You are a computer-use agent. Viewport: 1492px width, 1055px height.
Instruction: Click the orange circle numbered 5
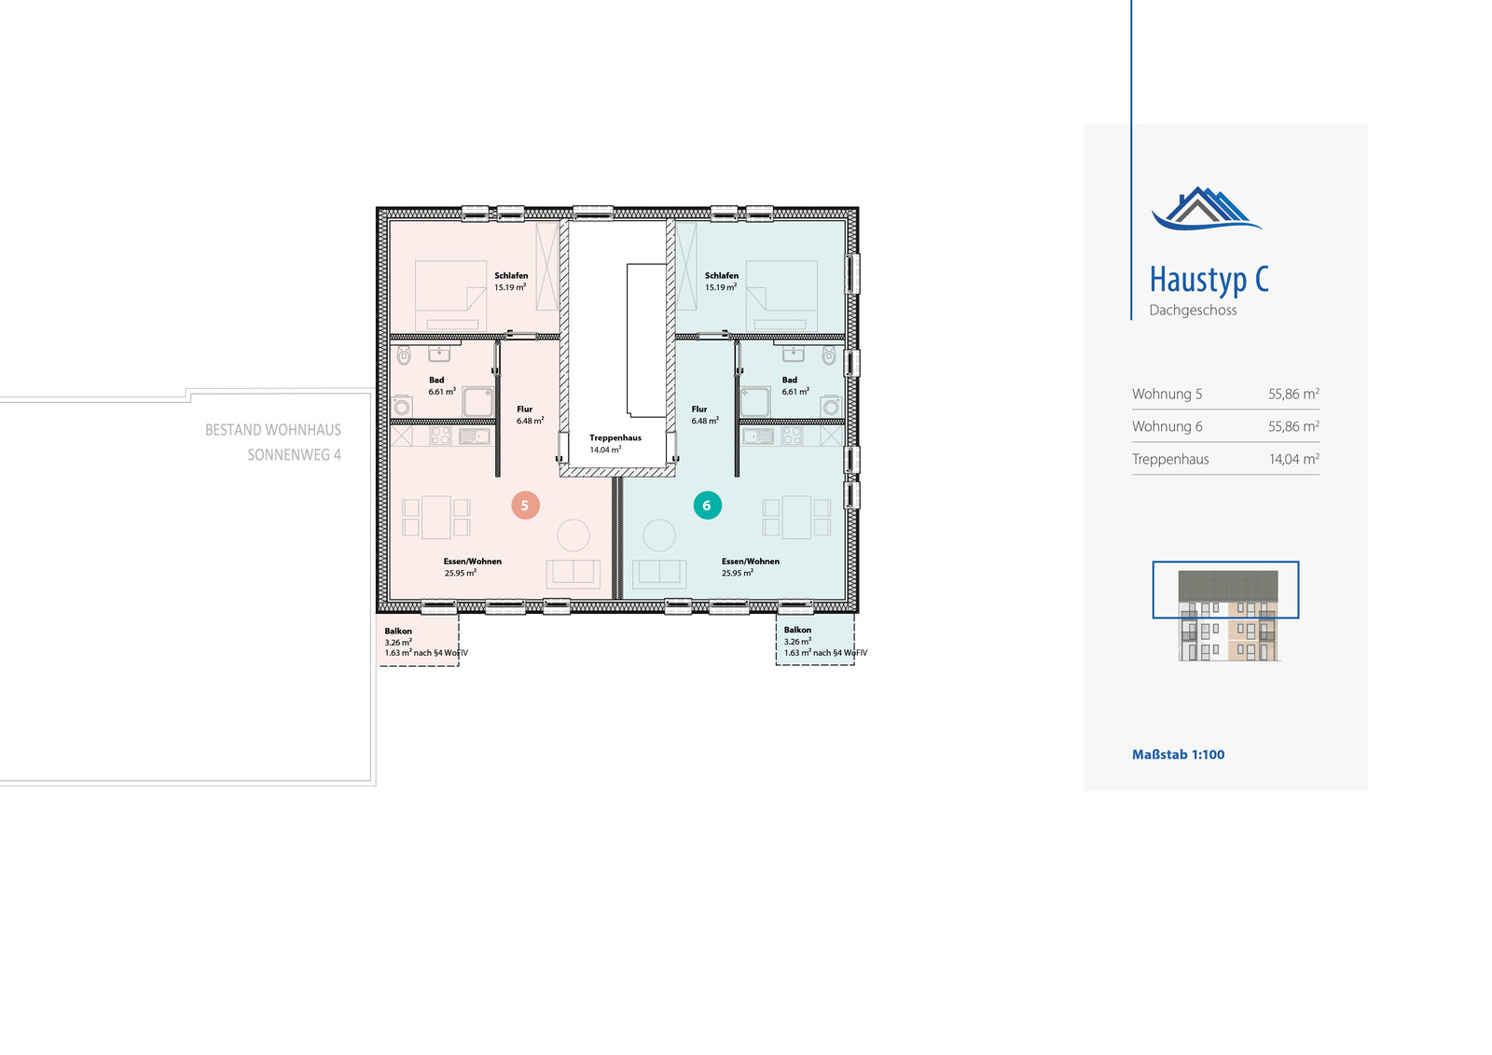[526, 506]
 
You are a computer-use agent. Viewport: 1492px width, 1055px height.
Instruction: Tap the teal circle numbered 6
[708, 506]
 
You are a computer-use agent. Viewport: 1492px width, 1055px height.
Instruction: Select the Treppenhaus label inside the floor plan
[615, 437]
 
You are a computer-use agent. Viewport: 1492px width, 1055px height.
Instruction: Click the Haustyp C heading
[1209, 280]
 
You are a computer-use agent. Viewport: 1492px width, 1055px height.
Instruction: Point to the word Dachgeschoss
[1193, 310]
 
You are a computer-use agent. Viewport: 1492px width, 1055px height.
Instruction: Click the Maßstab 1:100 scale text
[1179, 755]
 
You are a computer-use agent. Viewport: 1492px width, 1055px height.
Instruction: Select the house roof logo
[1207, 209]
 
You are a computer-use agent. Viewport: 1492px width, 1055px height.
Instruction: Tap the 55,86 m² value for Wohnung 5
[1293, 394]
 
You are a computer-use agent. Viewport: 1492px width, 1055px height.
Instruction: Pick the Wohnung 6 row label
[1167, 426]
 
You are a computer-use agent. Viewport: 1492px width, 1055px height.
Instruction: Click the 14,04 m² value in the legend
[1293, 459]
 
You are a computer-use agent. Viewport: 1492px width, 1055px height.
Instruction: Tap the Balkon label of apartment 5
[398, 632]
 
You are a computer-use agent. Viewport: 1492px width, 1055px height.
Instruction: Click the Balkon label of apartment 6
[797, 630]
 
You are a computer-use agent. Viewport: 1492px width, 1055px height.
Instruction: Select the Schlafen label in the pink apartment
[511, 275]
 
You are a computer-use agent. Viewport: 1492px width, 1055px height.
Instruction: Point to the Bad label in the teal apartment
[789, 380]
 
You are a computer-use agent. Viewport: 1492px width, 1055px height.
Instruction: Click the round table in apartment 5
[573, 535]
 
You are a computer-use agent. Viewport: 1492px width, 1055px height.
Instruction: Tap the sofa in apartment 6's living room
[659, 574]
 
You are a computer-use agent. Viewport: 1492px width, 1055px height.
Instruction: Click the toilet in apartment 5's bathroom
[404, 355]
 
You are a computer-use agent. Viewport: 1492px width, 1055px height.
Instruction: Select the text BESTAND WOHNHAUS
[273, 430]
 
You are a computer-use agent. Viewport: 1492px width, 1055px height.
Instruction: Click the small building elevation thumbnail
[1228, 615]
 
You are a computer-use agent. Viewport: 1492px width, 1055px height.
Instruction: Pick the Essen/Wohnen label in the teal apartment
[750, 562]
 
